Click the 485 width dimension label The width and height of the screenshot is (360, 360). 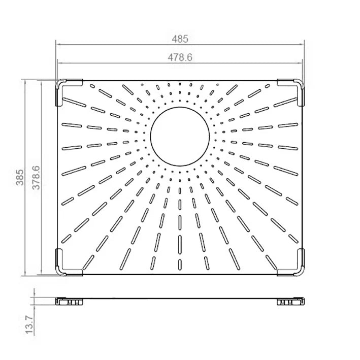(x=180, y=39)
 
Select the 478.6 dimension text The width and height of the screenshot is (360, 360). (x=180, y=57)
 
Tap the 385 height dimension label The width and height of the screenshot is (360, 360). (x=20, y=177)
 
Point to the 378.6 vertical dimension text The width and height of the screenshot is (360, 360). (x=36, y=178)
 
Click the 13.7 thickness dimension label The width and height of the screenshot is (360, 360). (x=29, y=324)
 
